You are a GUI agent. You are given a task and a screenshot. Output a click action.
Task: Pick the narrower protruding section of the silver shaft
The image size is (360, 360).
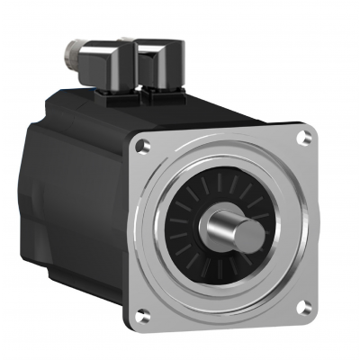238,232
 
